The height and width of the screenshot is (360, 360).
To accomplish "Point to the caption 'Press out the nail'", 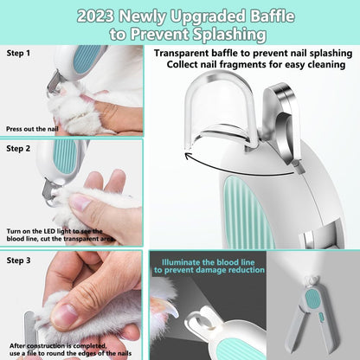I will (x=33, y=128).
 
